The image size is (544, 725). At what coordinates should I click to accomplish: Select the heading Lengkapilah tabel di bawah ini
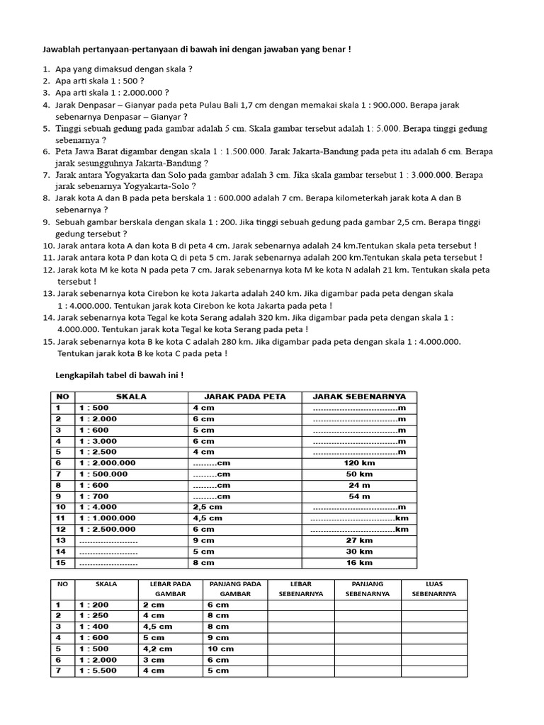[x=119, y=375]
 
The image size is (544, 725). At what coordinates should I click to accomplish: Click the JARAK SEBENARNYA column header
[x=359, y=396]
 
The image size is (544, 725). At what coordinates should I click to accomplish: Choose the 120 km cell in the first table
[x=359, y=462]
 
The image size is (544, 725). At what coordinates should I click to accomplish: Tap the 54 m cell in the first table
[x=359, y=496]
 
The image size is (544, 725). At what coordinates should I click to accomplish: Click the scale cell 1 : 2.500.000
[x=107, y=529]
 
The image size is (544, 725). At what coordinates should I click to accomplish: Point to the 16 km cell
[x=359, y=563]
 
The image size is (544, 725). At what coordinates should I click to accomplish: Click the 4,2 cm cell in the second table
[x=157, y=649]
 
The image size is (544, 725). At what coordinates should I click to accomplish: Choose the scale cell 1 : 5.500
[x=98, y=670]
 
